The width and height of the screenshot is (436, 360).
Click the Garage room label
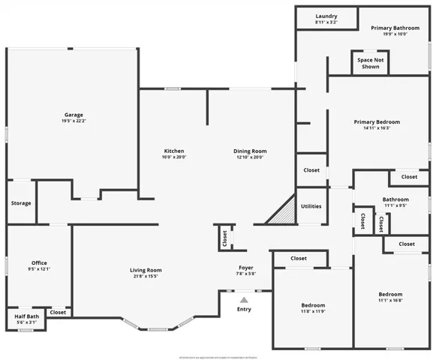pyautogui.click(x=73, y=115)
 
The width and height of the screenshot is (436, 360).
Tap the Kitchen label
pyautogui.click(x=174, y=151)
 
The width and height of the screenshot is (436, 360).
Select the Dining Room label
pyautogui.click(x=249, y=151)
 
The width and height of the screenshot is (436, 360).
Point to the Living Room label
pyautogui.click(x=146, y=270)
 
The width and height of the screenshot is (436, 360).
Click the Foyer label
pyautogui.click(x=245, y=267)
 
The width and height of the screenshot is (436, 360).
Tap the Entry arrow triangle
pyautogui.click(x=244, y=299)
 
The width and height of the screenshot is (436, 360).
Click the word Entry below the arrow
pyautogui.click(x=244, y=309)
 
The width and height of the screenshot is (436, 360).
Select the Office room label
pyautogui.click(x=39, y=262)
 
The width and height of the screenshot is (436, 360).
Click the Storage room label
pyautogui.click(x=21, y=202)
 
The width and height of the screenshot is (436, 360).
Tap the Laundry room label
pyautogui.click(x=326, y=16)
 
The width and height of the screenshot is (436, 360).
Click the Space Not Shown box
pyautogui.click(x=369, y=63)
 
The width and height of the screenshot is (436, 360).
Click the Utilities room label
pyautogui.click(x=311, y=205)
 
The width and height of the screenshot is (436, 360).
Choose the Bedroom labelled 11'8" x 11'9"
pyautogui.click(x=313, y=305)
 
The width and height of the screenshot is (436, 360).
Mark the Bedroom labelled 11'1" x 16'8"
pyautogui.click(x=390, y=294)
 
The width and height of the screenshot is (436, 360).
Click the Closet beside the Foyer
pyautogui.click(x=224, y=238)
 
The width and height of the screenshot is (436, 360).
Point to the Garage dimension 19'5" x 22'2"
pyautogui.click(x=73, y=121)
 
